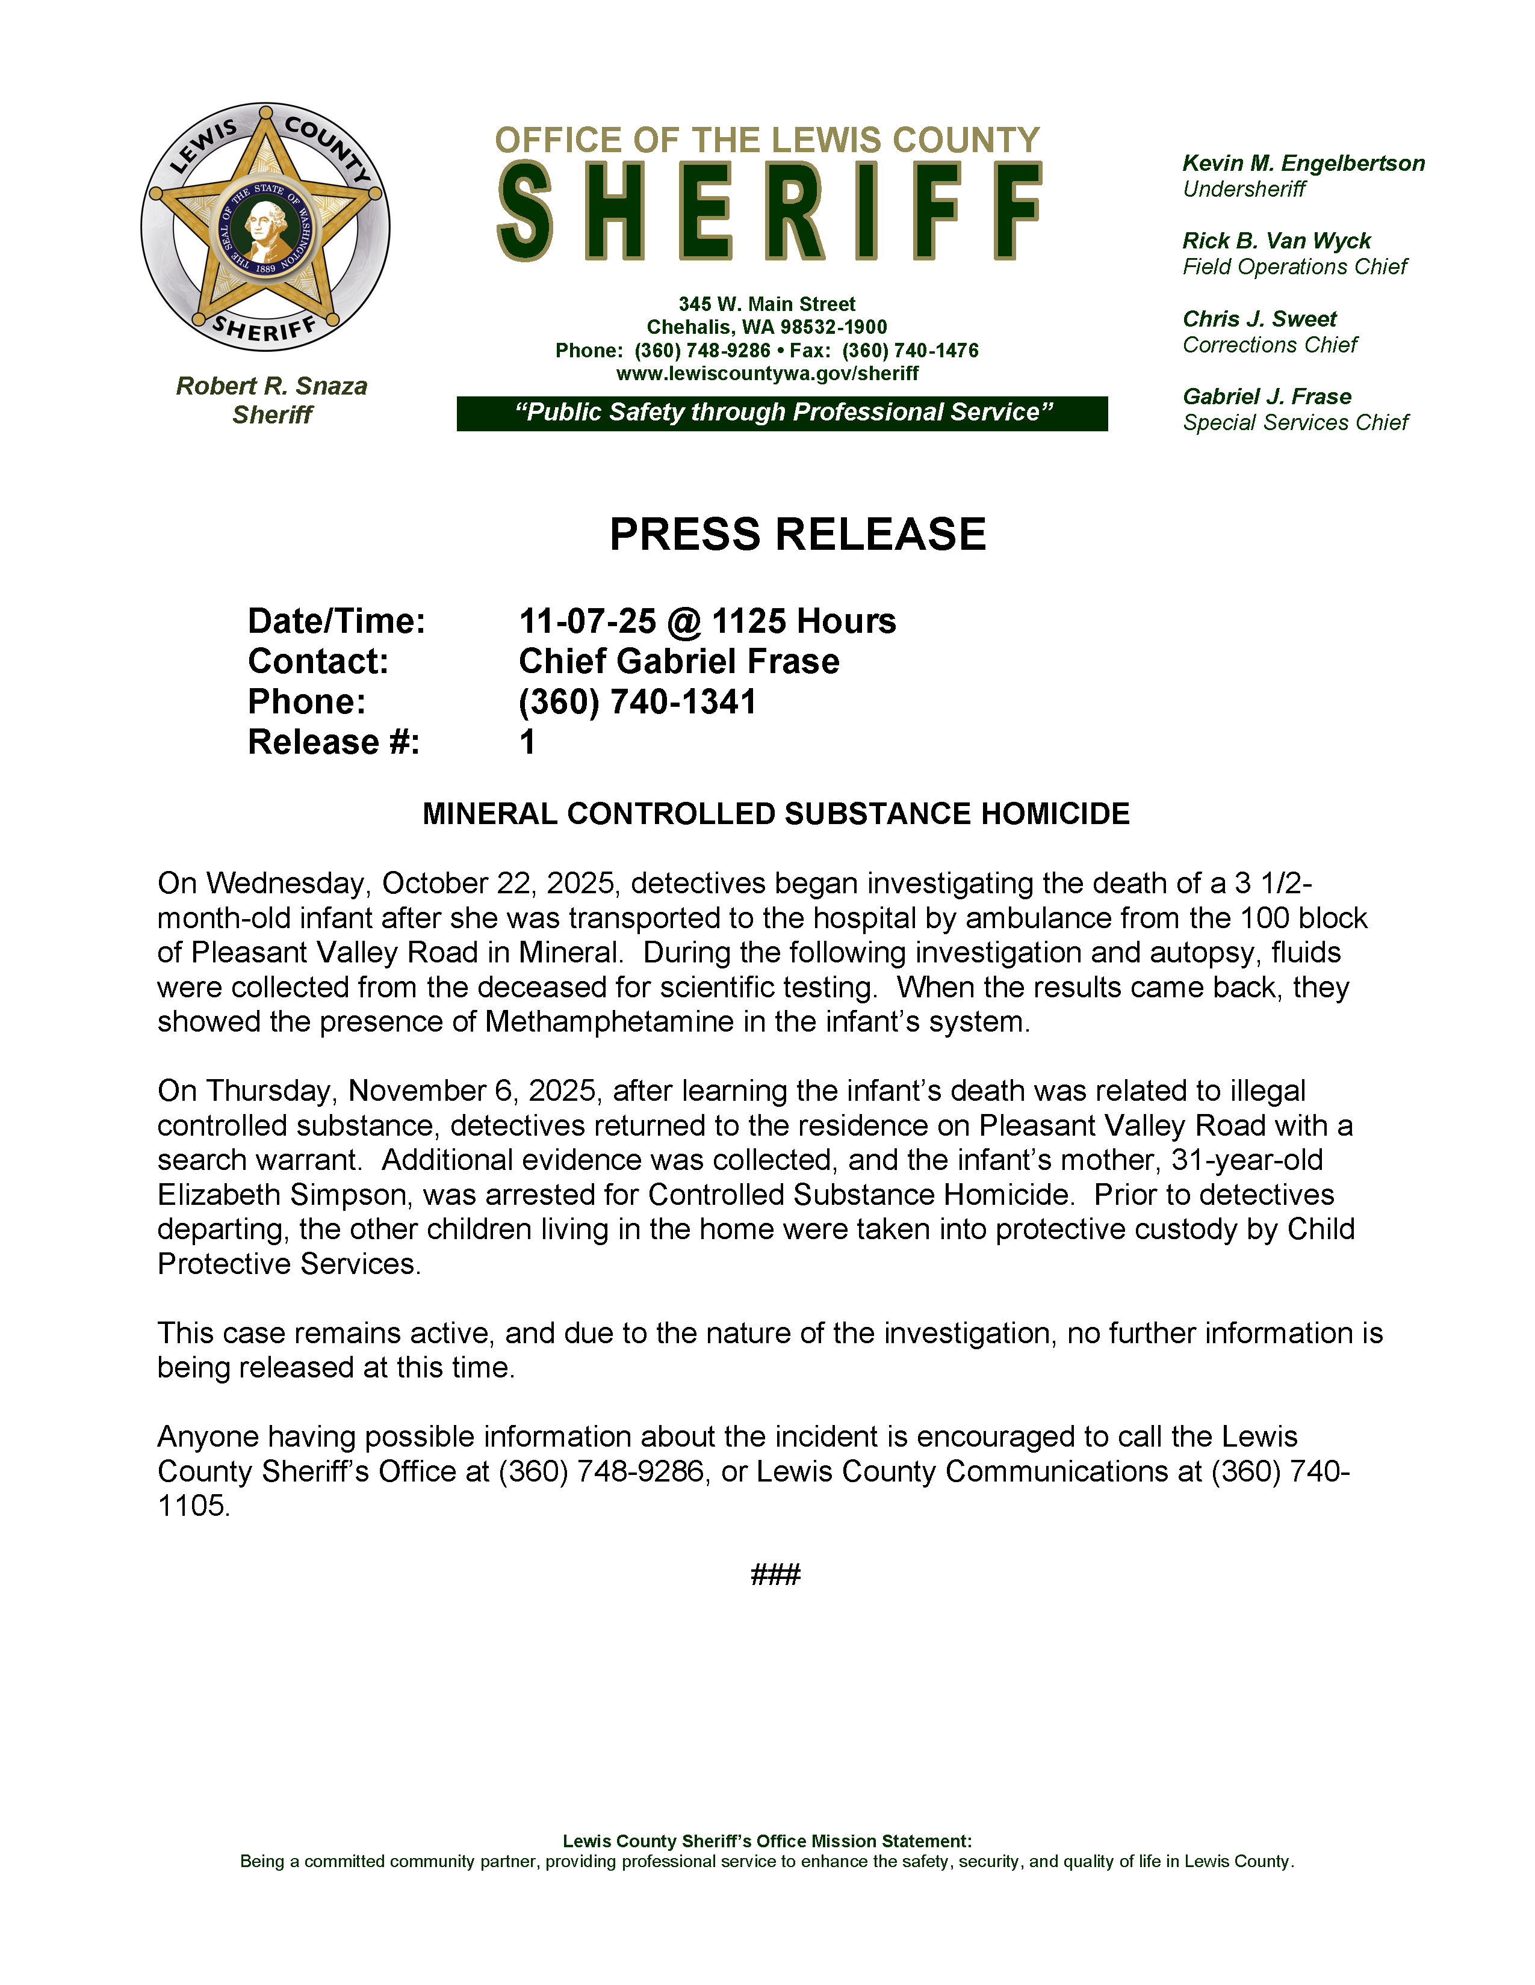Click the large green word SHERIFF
(x=769, y=212)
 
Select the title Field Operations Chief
(x=1294, y=267)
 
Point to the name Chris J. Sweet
(x=1259, y=319)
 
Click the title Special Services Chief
(x=1295, y=423)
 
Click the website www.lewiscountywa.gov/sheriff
(x=766, y=374)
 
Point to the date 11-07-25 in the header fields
(x=586, y=622)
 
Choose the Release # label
(x=333, y=742)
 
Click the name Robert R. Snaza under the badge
(x=271, y=386)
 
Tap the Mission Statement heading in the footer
(x=766, y=1841)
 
